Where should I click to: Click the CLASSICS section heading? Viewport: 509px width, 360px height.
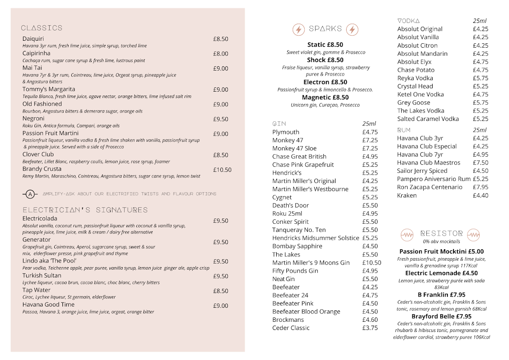click(x=42, y=28)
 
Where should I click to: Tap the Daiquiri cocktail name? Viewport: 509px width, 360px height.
click(x=33, y=39)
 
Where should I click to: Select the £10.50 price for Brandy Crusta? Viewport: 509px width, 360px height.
click(x=222, y=170)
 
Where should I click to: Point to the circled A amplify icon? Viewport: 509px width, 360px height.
click(x=30, y=194)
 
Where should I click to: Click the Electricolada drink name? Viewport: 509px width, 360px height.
click(x=39, y=219)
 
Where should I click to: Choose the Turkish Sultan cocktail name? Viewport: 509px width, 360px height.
click(x=42, y=276)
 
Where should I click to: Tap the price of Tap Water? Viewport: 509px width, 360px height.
click(x=221, y=291)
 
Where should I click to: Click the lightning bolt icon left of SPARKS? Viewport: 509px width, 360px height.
click(x=299, y=29)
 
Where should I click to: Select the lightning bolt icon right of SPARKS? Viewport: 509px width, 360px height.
click(x=352, y=29)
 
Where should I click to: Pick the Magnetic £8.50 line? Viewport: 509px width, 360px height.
click(x=325, y=98)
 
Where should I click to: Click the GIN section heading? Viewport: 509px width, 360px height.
click(x=279, y=124)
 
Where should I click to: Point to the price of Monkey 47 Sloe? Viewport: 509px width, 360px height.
click(x=370, y=148)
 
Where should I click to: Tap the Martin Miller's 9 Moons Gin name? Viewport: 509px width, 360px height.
click(x=311, y=262)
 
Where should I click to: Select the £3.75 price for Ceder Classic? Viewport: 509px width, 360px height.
click(x=370, y=328)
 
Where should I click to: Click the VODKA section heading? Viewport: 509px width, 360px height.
click(x=408, y=21)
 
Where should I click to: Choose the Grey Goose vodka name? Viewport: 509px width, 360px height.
click(x=414, y=102)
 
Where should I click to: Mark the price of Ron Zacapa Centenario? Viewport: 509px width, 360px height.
click(x=481, y=187)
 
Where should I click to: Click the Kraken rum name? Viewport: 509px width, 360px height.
click(x=407, y=195)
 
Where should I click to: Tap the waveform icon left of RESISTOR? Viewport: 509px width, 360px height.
click(x=407, y=234)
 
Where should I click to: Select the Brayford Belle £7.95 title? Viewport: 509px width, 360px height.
click(x=441, y=316)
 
